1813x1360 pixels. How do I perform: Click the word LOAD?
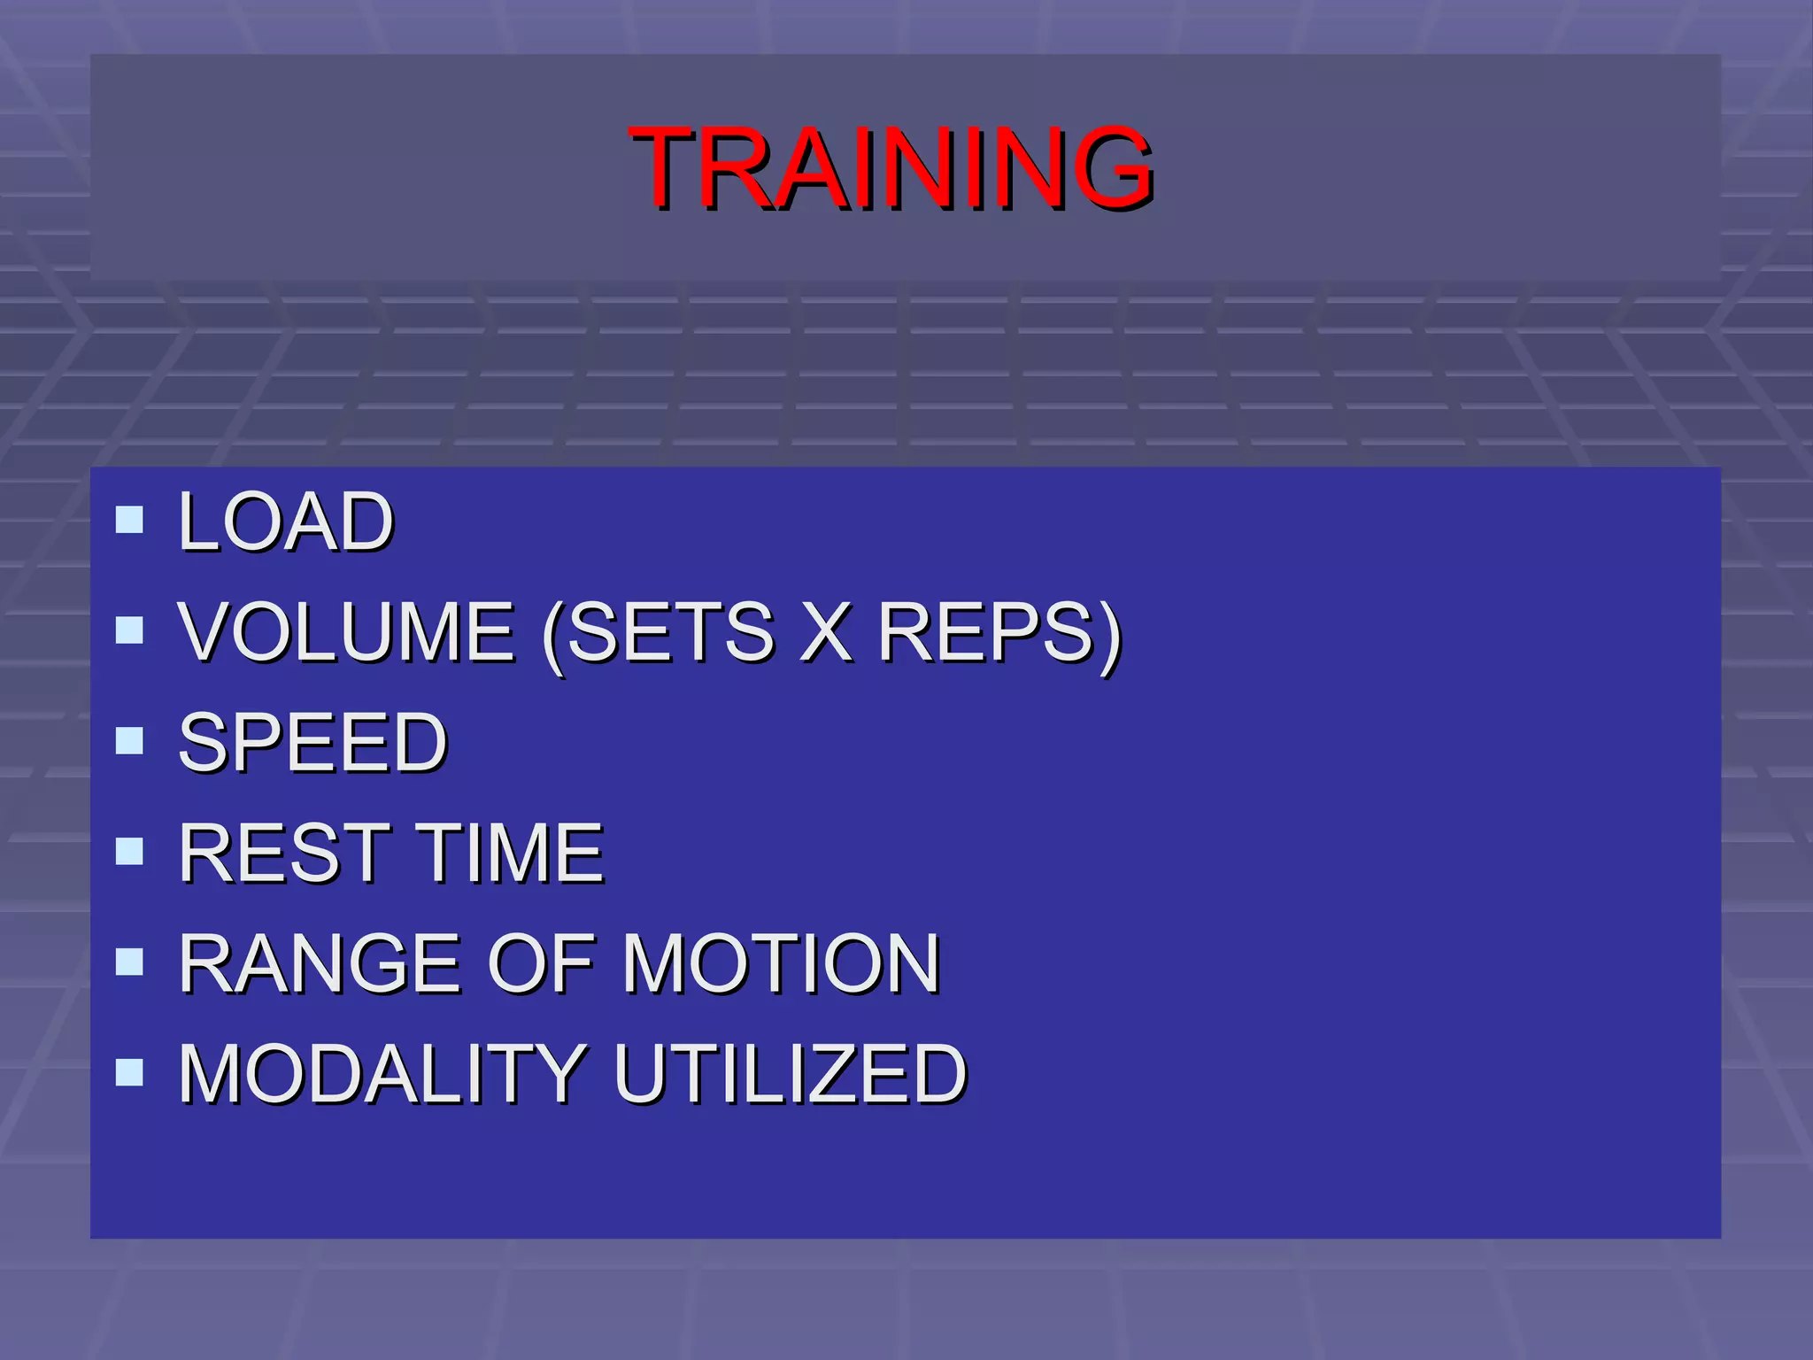[285, 522]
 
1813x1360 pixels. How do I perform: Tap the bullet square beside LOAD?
[129, 520]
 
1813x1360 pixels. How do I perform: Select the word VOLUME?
[346, 631]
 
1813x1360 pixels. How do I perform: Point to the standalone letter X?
[826, 631]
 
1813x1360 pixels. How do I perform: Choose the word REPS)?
[999, 633]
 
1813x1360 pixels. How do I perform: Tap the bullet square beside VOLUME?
[129, 630]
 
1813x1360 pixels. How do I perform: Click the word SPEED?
[313, 742]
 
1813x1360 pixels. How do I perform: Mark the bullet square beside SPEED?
[129, 740]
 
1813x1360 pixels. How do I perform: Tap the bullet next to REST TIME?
[129, 851]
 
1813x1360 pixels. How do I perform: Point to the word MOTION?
[781, 963]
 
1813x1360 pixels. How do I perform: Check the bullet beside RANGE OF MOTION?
[129, 962]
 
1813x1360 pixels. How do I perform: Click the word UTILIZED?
[790, 1074]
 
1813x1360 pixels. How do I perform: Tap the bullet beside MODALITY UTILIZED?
[129, 1072]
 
